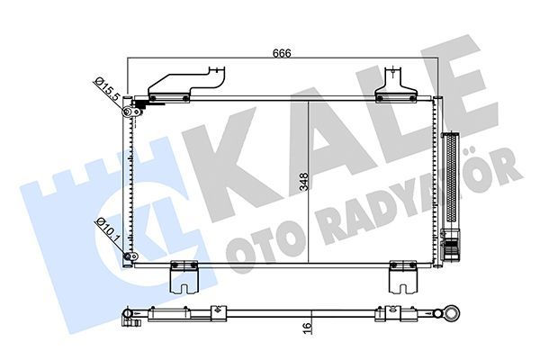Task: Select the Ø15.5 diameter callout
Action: tap(105, 90)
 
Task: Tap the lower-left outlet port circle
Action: tap(130, 257)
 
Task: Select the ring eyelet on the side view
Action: tap(449, 313)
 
